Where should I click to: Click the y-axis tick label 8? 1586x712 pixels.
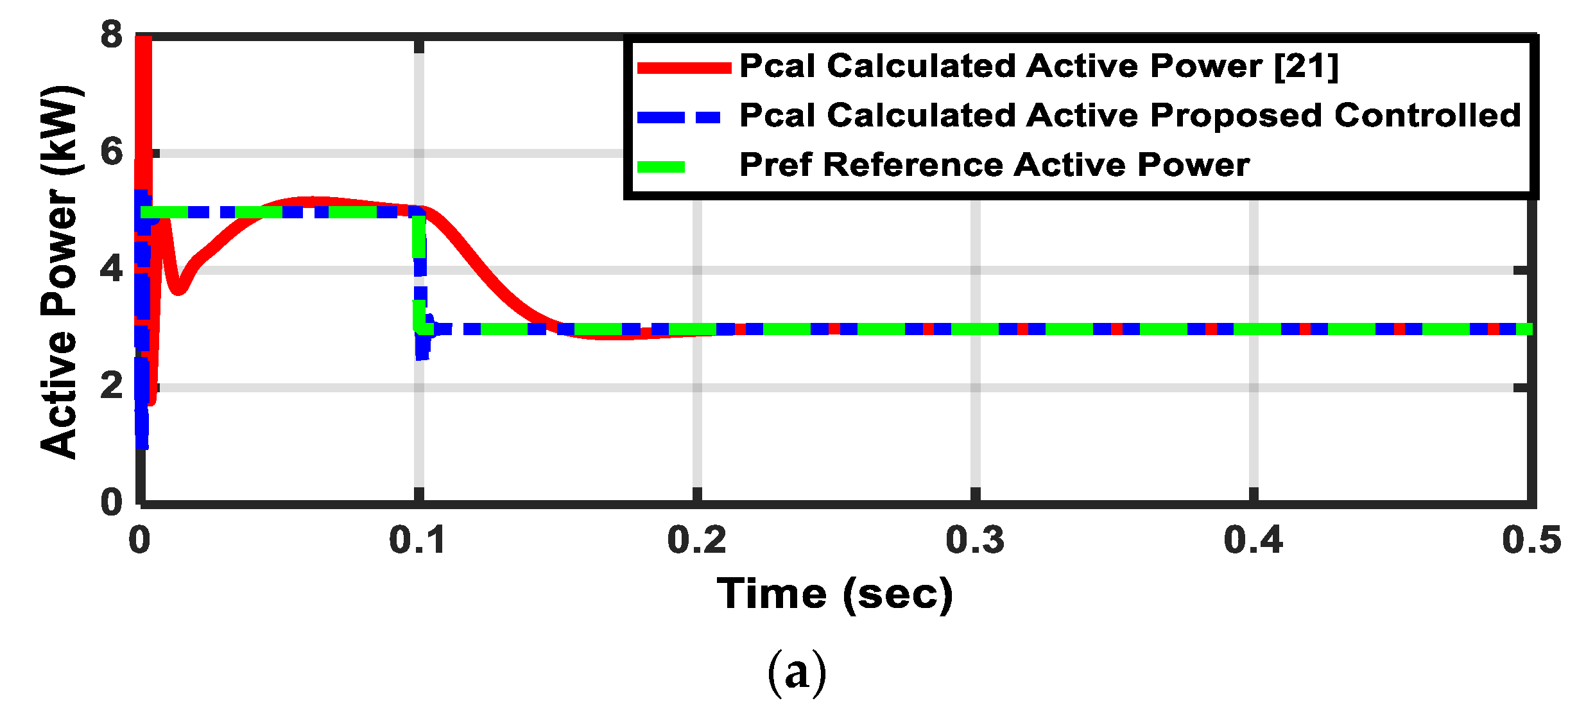coord(110,35)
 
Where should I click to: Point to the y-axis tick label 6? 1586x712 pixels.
coord(110,153)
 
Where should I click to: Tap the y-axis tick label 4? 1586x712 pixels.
coord(110,269)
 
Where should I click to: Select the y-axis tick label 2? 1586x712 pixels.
coord(110,386)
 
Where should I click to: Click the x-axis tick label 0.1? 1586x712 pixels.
coord(417,540)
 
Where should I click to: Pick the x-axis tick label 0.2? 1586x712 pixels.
coord(696,540)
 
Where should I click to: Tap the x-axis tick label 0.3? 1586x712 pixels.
coord(975,540)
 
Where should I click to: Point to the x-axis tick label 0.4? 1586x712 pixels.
coord(1253,540)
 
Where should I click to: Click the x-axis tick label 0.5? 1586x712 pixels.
coord(1531,540)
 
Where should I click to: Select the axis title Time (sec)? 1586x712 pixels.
coord(835,593)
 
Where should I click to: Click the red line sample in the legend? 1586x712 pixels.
coord(684,68)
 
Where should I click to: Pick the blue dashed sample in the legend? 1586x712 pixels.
coord(679,117)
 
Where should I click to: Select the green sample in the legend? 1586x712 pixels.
coord(661,167)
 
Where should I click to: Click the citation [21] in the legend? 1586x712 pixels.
coord(1306,66)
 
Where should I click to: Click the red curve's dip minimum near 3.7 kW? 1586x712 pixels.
coord(178,289)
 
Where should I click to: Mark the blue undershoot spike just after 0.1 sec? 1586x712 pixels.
coord(422,352)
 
